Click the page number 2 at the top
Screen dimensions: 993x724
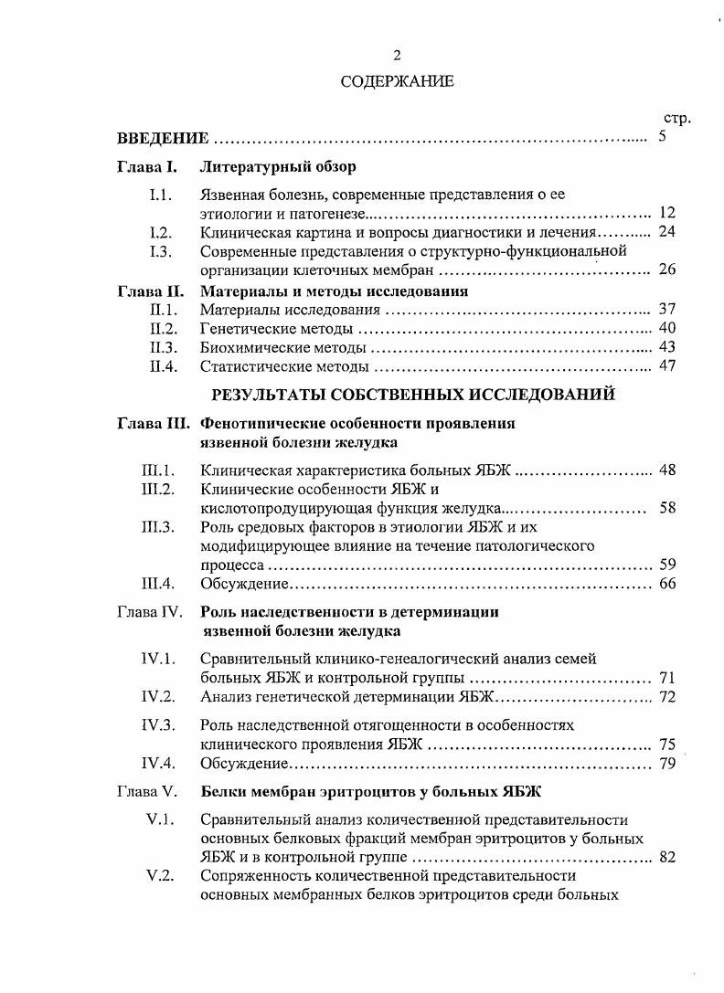[397, 57]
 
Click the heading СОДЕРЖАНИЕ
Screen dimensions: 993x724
[397, 82]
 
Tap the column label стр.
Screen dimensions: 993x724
[676, 119]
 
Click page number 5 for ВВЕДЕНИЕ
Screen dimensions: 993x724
[663, 138]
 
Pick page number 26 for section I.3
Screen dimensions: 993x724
[666, 269]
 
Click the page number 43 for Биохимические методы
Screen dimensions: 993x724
[666, 347]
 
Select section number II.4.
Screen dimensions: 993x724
[163, 366]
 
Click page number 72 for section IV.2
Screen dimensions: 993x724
[666, 697]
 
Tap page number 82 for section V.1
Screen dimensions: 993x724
[666, 857]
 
